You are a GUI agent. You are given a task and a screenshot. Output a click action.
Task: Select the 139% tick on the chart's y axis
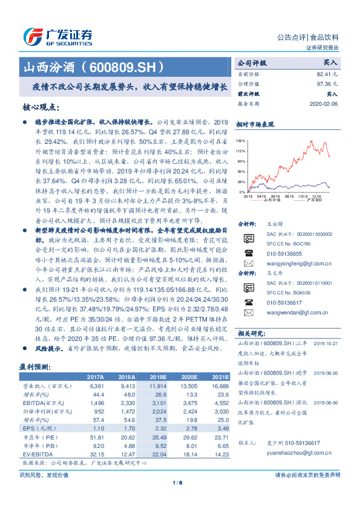[x=240, y=140]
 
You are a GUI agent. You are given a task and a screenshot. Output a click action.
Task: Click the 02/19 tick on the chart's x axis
[x=248, y=196]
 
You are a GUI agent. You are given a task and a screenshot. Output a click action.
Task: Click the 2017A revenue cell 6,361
[x=97, y=385]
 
